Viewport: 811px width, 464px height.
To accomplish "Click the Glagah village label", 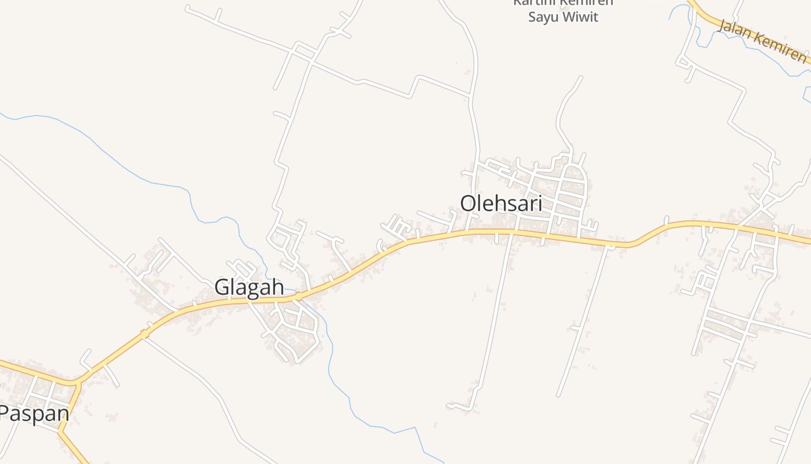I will [x=249, y=287].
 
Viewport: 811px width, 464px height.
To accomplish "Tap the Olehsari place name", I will [x=501, y=204].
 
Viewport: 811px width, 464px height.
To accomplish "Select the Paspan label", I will [x=34, y=414].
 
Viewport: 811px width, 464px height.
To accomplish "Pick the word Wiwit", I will [x=580, y=17].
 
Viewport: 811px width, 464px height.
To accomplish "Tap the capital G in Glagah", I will [x=222, y=287].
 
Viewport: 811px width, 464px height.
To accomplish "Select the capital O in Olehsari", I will [x=469, y=204].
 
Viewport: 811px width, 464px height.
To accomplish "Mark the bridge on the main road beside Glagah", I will [x=298, y=296].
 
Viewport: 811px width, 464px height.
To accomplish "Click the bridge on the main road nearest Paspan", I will [x=144, y=333].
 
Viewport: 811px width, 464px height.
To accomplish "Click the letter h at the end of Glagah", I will [x=277, y=287].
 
